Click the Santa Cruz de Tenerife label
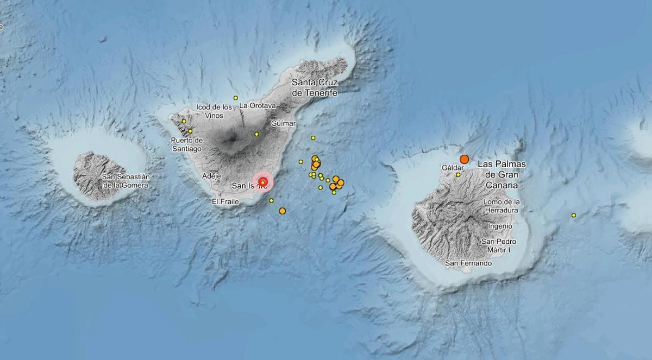[x=315, y=87]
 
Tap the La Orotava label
[x=258, y=105]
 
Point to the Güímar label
[x=283, y=123]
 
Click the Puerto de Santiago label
[x=186, y=144]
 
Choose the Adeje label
[x=211, y=176]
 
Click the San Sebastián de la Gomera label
[x=125, y=181]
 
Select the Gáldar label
[x=453, y=168]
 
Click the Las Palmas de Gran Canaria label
[x=497, y=174]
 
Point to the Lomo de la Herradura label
[x=500, y=206]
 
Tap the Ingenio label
[x=500, y=226]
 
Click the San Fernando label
[x=468, y=263]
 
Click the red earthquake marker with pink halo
[x=263, y=182]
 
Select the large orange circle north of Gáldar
[x=464, y=159]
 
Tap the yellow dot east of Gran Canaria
[x=574, y=216]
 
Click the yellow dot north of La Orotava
[x=236, y=98]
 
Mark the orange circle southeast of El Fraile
[x=282, y=211]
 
